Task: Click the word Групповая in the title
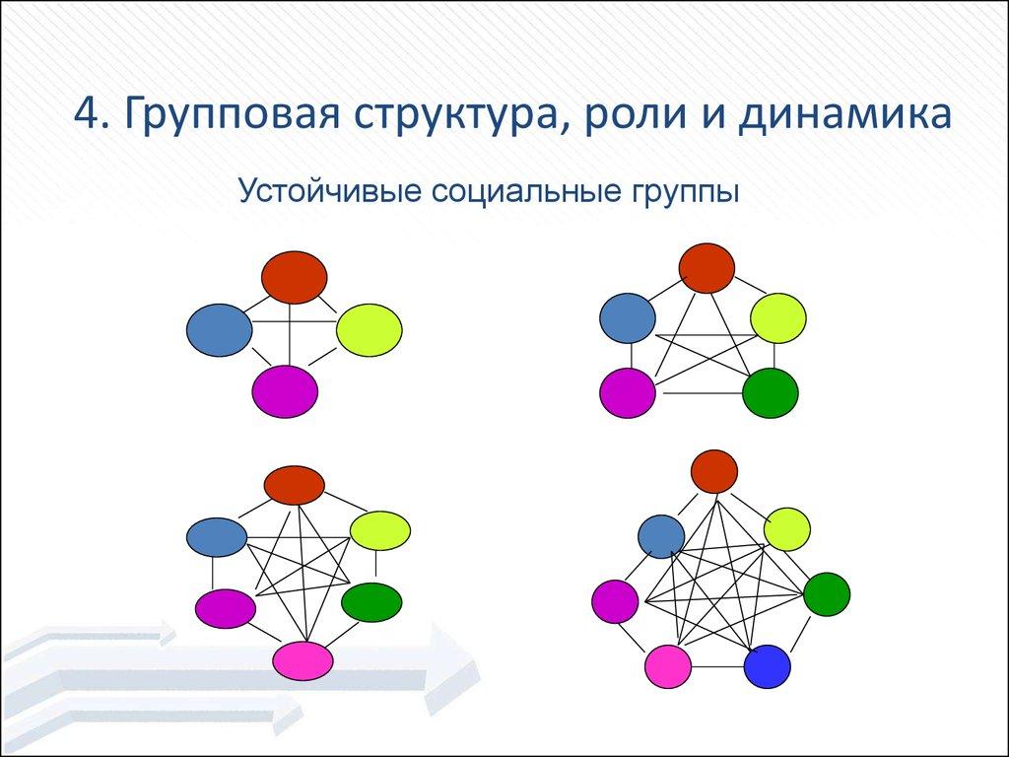click(226, 114)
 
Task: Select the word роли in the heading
click(625, 114)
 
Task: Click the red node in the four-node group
click(294, 277)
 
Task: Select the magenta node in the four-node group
click(285, 390)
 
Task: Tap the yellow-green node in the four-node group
click(369, 330)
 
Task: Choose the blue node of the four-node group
click(219, 330)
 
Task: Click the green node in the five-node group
click(770, 392)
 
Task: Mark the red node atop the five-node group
click(707, 267)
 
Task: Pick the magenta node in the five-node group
click(628, 392)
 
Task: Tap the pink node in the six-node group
click(303, 659)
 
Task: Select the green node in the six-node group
click(371, 602)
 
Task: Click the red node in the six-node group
click(294, 484)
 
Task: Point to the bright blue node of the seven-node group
click(768, 665)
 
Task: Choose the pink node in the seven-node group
click(668, 665)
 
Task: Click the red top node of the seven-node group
click(714, 470)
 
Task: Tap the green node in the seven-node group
click(827, 593)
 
